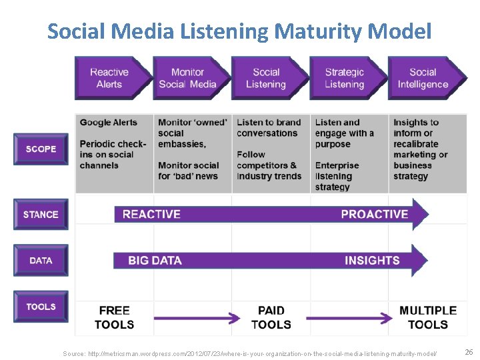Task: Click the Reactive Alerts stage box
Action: point(109,78)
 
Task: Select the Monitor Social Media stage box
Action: point(187,78)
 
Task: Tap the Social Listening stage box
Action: point(265,78)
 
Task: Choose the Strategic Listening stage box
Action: point(344,78)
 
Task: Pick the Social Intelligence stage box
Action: point(423,78)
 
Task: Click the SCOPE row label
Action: point(41,149)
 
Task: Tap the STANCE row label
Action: point(41,214)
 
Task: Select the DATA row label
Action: point(41,260)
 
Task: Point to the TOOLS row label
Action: point(41,307)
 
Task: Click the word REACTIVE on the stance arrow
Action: point(151,214)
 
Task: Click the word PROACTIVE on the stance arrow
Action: point(374,214)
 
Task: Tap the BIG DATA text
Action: point(155,261)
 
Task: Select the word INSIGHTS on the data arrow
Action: point(372,261)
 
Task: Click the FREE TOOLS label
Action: point(114,317)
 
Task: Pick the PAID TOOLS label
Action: point(271,317)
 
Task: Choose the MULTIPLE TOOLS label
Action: point(427,317)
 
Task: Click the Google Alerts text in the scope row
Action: point(108,123)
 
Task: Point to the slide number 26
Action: point(469,351)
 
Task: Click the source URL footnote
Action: point(250,353)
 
